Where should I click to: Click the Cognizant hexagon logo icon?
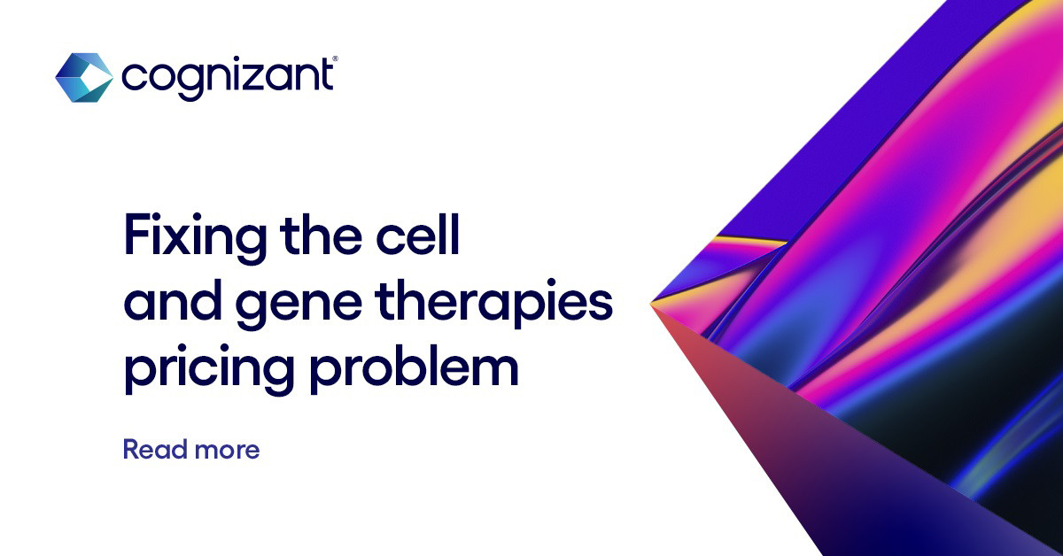[x=83, y=77]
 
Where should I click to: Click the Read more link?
[x=191, y=449]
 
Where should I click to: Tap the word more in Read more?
[x=226, y=450]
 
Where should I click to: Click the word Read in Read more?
[x=152, y=449]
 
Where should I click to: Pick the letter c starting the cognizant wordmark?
[x=132, y=79]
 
